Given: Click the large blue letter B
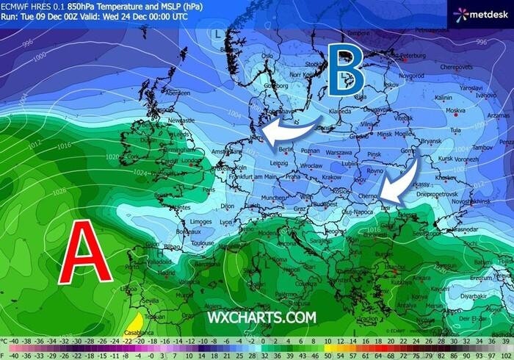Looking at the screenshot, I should tap(346, 70).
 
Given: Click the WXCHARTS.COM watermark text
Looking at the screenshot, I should tap(261, 317).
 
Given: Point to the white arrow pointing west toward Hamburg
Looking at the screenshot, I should tap(291, 129).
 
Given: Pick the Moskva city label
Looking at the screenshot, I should tap(444, 110).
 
